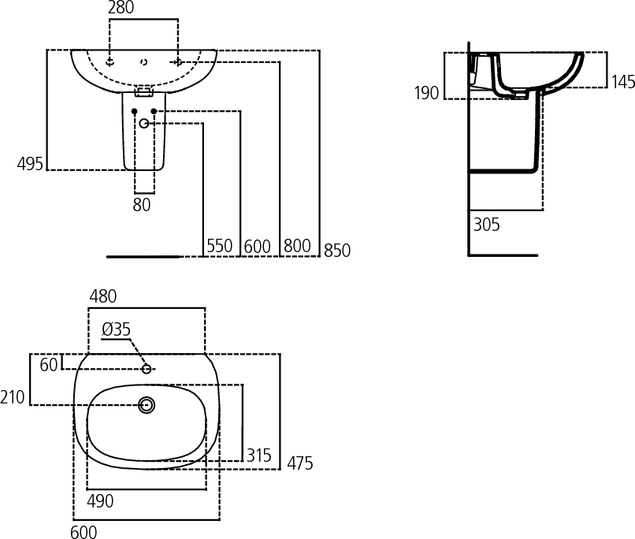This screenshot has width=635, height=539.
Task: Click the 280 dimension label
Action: point(121,8)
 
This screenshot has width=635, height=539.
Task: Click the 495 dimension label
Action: point(30,164)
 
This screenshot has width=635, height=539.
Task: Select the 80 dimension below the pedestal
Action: point(142,206)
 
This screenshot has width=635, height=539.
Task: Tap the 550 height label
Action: point(220,247)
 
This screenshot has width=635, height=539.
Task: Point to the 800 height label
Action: point(297,247)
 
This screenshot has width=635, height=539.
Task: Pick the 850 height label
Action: point(336,251)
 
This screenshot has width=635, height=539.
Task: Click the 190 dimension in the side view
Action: point(426,94)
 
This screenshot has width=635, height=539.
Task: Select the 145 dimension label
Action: point(622,82)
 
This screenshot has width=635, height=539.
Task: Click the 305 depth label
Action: point(487,225)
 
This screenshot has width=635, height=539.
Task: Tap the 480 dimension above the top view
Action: point(102,297)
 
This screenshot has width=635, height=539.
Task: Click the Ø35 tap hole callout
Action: point(116,329)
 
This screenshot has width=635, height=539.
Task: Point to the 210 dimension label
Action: point(13,397)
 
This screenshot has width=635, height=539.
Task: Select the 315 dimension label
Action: point(258,455)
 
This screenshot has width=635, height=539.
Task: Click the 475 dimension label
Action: point(299,464)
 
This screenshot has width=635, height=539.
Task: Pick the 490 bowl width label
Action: point(100,501)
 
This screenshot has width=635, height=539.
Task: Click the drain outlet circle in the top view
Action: point(147,405)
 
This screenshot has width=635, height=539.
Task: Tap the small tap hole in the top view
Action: point(147,369)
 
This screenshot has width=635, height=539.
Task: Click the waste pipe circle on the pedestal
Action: point(144,124)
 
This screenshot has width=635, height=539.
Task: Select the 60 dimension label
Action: point(49,365)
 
